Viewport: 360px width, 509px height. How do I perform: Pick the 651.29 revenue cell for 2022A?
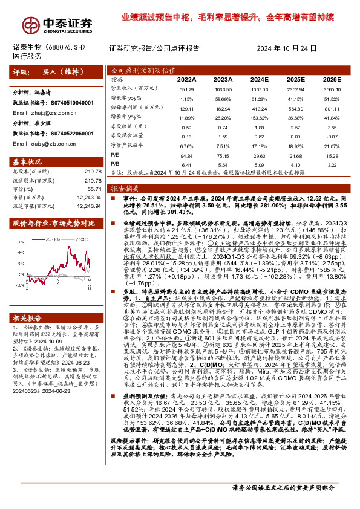pyautogui.click(x=186, y=89)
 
